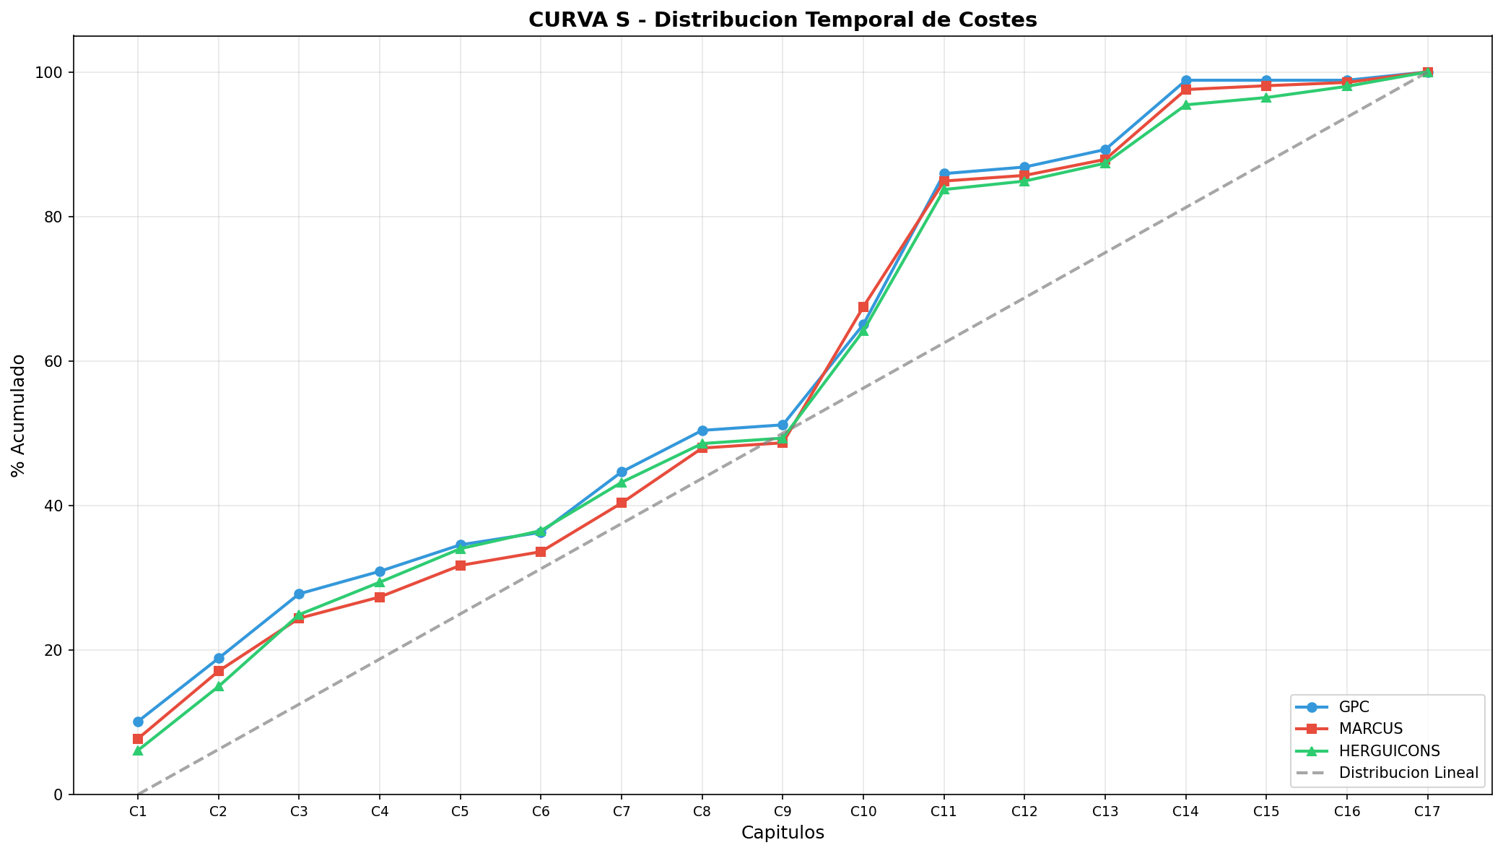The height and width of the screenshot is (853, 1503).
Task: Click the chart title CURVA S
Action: pos(783,20)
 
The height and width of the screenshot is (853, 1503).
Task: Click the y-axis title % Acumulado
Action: pos(19,415)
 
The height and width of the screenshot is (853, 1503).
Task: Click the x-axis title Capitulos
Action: pos(783,833)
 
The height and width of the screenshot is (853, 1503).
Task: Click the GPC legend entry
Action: pos(1354,707)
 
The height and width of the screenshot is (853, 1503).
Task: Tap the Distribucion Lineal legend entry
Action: pos(1408,772)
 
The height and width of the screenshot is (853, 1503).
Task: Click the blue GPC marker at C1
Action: pos(138,722)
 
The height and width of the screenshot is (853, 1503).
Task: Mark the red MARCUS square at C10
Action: pos(863,307)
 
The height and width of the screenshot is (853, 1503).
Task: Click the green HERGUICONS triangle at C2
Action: pos(219,686)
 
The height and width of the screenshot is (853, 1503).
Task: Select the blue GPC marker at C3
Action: pos(299,594)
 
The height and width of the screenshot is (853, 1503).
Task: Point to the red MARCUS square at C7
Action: pos(622,503)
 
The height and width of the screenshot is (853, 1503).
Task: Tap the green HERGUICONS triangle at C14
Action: pos(1185,105)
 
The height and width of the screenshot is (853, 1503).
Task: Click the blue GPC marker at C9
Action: pos(783,425)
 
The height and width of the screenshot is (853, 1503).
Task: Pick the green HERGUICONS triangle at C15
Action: pos(1266,98)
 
